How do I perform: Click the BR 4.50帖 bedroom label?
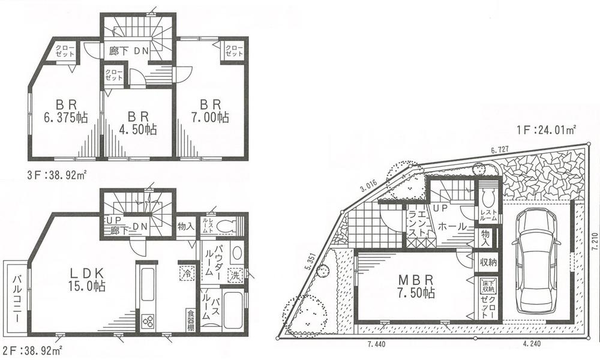[137, 121]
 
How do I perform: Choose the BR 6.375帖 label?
[64, 110]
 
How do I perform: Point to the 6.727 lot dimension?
[502, 149]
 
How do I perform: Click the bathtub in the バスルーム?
[233, 310]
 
